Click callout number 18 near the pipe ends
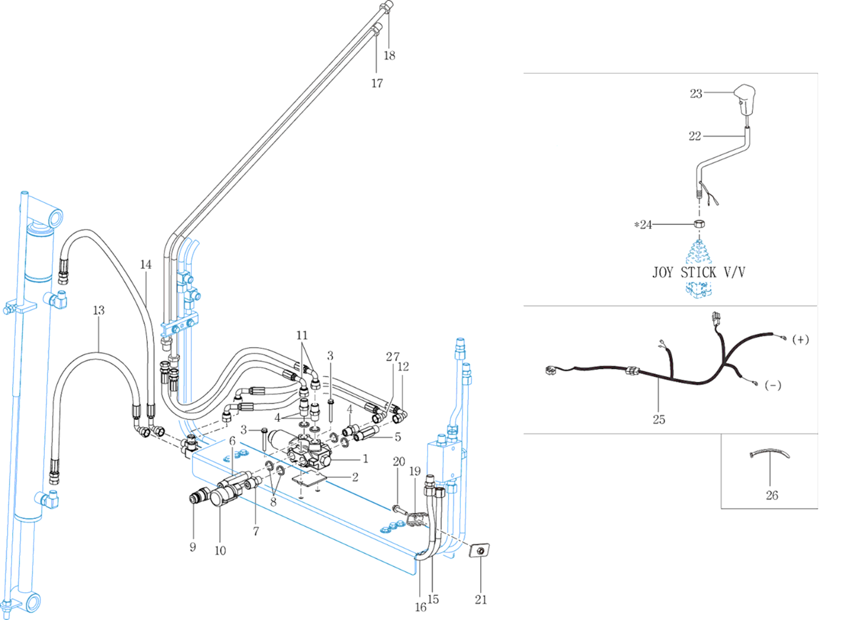click(389, 56)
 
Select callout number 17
click(377, 83)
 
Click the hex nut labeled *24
click(699, 224)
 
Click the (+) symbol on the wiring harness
click(800, 340)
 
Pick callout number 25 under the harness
click(659, 419)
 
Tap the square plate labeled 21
click(479, 550)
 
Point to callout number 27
click(393, 357)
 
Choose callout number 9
click(193, 547)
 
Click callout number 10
click(220, 550)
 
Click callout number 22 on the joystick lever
click(695, 136)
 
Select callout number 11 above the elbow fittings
click(302, 335)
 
